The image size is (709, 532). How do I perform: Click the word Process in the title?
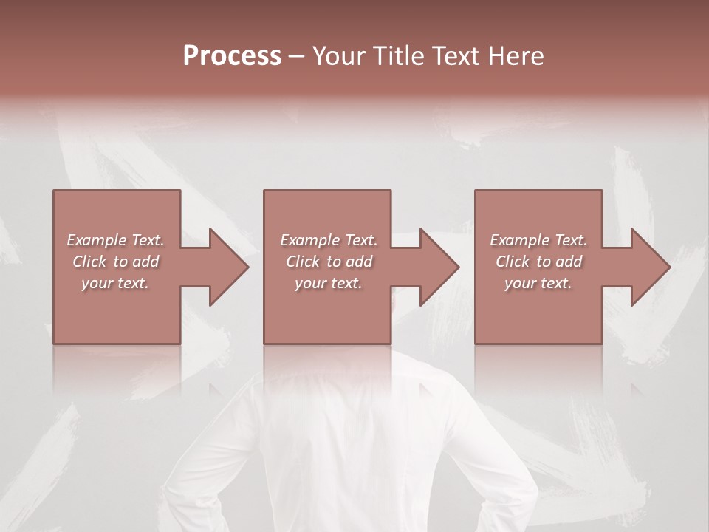click(232, 56)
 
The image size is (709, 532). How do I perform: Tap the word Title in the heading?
click(397, 56)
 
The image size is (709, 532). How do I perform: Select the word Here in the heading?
click(515, 56)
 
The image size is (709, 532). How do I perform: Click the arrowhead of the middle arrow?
click(439, 267)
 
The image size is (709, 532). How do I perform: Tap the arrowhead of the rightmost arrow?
click(650, 267)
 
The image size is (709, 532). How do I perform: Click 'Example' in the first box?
click(96, 240)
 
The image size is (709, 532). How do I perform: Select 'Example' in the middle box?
click(309, 240)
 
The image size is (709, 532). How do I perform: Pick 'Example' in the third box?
click(519, 240)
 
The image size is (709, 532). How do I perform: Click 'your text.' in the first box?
click(115, 283)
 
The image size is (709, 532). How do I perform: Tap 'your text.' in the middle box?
click(328, 283)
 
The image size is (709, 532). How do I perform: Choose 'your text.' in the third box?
click(538, 283)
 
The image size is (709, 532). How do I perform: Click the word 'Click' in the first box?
click(89, 262)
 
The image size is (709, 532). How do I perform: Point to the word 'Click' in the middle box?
click(302, 262)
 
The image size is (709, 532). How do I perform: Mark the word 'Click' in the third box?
click(512, 262)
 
